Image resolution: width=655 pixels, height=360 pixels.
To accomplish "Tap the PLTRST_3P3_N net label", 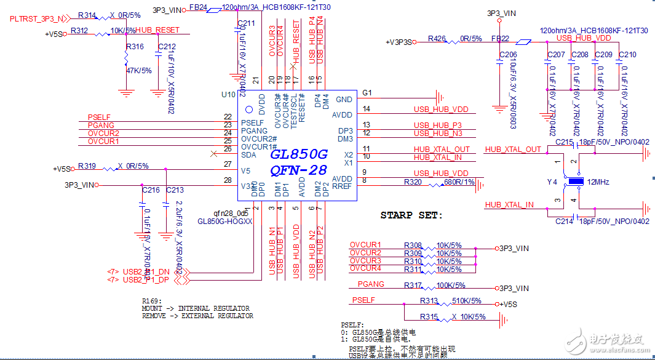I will coord(37,19).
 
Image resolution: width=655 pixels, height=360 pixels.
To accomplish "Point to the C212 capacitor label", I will coord(166,47).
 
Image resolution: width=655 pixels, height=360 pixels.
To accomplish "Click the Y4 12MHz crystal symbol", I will coord(575,182).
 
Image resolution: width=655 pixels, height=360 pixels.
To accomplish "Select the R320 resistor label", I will coord(413,182).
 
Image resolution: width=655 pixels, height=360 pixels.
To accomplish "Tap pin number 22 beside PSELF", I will coord(228,116).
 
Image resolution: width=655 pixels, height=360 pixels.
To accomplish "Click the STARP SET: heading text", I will coord(411,215).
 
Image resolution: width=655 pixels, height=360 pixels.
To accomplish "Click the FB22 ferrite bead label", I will coord(499,38).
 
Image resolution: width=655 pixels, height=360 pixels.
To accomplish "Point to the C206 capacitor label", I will coord(507,55).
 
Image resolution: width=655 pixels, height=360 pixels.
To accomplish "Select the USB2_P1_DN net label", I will coord(146,271).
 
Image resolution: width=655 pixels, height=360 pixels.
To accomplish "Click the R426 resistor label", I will coord(436,38).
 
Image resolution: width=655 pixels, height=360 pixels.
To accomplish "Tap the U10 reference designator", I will coord(228,95).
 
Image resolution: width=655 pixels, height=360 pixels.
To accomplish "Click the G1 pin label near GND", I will coord(367,92).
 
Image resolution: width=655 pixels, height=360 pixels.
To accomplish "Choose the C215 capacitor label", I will coord(564,143).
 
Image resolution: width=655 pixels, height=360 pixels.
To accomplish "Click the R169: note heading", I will coord(152,301).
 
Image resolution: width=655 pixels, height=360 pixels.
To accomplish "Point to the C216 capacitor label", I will coord(151,190).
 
